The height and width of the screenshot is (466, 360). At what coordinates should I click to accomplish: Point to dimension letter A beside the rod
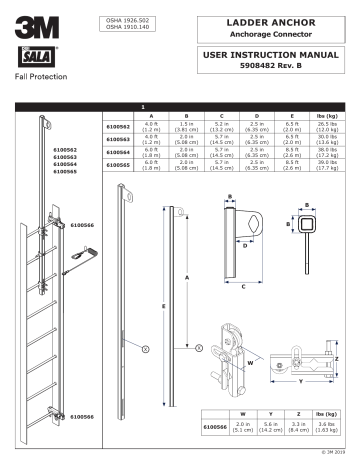pyautogui.click(x=184, y=277)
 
